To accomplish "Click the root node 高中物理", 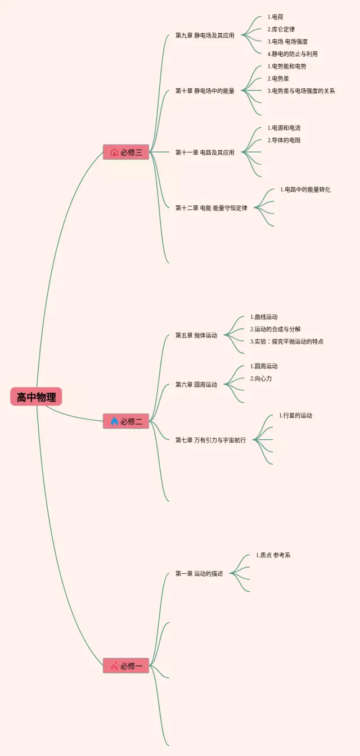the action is click(36, 397).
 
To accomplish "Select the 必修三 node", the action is click(126, 152).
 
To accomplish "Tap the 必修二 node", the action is click(126, 421).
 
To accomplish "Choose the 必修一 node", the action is click(126, 665).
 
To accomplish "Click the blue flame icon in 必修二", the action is click(114, 421).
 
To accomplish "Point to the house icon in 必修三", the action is click(114, 152).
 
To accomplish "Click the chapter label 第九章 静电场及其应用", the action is click(205, 35).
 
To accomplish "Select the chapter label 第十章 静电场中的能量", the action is click(205, 91).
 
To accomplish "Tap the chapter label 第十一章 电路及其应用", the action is click(205, 152).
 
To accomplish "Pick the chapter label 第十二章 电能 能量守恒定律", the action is click(211, 208).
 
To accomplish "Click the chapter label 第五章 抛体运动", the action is click(196, 335).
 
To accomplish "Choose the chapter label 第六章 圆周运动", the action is click(196, 384).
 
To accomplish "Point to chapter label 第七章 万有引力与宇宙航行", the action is click(210, 440).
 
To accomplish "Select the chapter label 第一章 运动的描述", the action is click(199, 573).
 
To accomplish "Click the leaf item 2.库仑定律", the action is click(281, 29).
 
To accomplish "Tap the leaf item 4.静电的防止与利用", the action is click(292, 54).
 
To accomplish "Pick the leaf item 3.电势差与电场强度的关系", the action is click(301, 91).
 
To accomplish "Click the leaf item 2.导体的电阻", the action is click(283, 140).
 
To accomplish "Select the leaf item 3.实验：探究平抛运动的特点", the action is click(287, 341).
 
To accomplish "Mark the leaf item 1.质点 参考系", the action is click(273, 555).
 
